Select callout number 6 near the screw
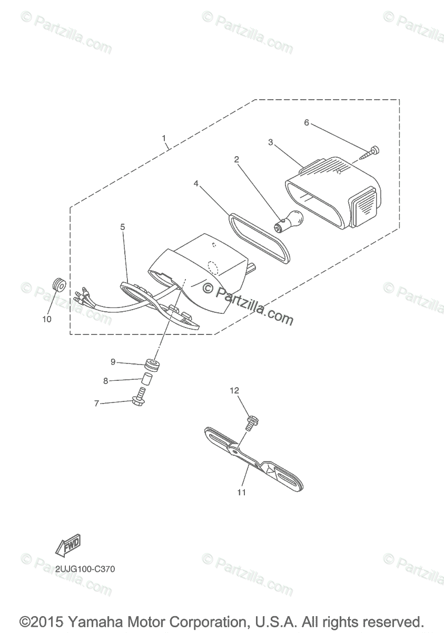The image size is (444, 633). click(307, 122)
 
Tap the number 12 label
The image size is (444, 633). click(234, 391)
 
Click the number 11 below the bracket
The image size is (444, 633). click(242, 493)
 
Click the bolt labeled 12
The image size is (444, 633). click(251, 423)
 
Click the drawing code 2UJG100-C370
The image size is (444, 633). click(84, 569)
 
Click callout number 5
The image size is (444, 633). click(122, 227)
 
